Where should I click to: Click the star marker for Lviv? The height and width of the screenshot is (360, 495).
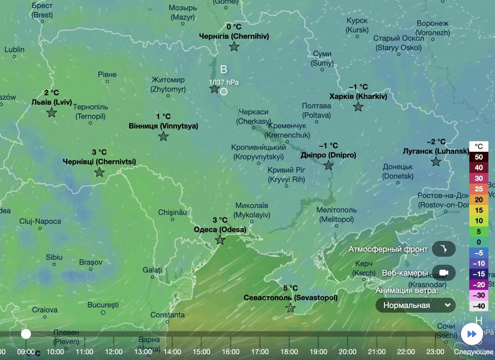pyautogui.click(x=52, y=112)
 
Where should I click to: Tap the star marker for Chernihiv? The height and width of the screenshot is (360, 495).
pyautogui.click(x=234, y=46)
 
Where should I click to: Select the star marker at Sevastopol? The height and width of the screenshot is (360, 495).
pyautogui.click(x=290, y=308)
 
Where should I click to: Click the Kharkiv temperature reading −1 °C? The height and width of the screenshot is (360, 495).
pyautogui.click(x=358, y=87)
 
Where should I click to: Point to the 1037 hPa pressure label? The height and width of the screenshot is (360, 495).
pyautogui.click(x=224, y=82)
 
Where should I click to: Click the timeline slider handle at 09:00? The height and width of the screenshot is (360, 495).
pyautogui.click(x=26, y=334)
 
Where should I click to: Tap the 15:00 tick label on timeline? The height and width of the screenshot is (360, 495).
pyautogui.click(x=201, y=352)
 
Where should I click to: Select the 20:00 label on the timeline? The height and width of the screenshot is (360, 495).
pyautogui.click(x=347, y=352)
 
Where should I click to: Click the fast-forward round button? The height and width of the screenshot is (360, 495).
pyautogui.click(x=472, y=334)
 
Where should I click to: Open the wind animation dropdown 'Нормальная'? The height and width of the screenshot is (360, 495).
pyautogui.click(x=415, y=305)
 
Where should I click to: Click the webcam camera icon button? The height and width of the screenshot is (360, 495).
pyautogui.click(x=443, y=273)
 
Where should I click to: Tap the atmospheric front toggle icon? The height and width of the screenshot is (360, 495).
pyautogui.click(x=443, y=249)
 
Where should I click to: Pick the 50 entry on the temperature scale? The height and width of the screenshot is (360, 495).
pyautogui.click(x=479, y=157)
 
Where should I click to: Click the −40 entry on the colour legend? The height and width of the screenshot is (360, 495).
pyautogui.click(x=479, y=306)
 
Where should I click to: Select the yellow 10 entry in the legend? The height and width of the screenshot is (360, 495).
pyautogui.click(x=479, y=221)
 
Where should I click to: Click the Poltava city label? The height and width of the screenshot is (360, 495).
pyautogui.click(x=317, y=111)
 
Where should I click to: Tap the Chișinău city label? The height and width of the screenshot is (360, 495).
pyautogui.click(x=172, y=212)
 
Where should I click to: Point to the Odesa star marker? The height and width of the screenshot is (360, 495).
pyautogui.click(x=220, y=240)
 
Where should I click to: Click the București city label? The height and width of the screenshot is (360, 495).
pyautogui.click(x=103, y=305)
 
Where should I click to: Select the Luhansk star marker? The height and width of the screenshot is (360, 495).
pyautogui.click(x=436, y=162)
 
